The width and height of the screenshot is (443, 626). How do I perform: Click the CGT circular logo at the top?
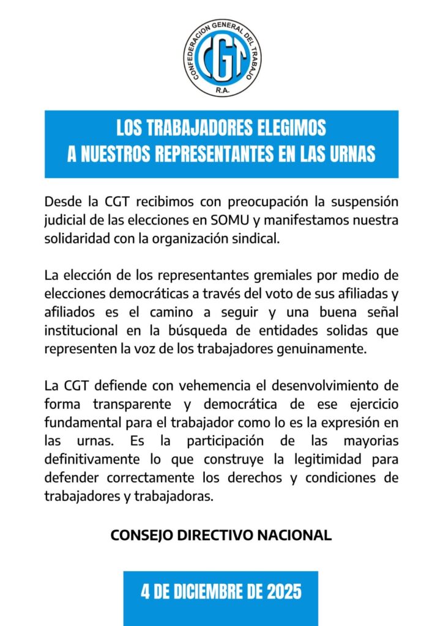[x=221, y=57]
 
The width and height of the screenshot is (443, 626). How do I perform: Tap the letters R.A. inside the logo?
[x=221, y=89]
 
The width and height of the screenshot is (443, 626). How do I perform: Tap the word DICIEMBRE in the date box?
[x=208, y=592]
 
